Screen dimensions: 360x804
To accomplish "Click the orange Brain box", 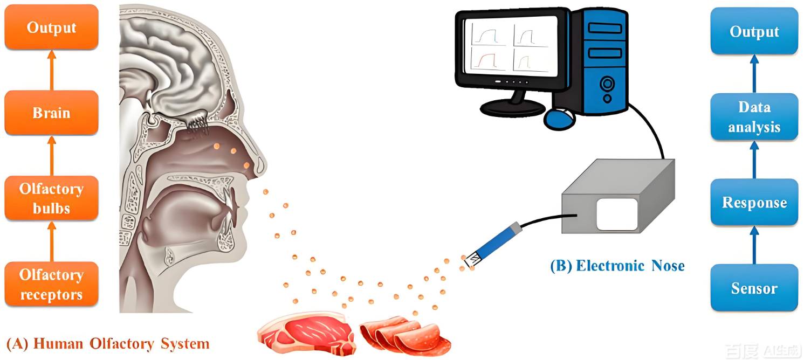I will [x=51, y=113].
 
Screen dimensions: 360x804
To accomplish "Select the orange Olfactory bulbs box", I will [x=51, y=198].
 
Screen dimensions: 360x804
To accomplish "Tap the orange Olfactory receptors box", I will [x=51, y=284].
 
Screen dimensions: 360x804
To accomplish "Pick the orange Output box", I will [x=51, y=27].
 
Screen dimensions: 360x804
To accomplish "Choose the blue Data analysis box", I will [x=754, y=117].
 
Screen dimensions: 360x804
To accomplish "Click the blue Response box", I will [x=754, y=203].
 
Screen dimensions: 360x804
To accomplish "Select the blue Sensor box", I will [x=754, y=288].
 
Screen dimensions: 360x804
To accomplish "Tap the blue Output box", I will [x=754, y=32].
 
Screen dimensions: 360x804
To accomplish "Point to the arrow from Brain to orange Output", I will [x=52, y=70].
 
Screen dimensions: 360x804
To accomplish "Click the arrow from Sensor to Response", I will [x=754, y=245].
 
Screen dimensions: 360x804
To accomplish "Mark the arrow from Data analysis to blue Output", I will [x=754, y=74].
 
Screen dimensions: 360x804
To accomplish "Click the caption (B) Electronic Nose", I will [x=617, y=266].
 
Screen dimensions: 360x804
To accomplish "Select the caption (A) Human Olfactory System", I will [x=107, y=343].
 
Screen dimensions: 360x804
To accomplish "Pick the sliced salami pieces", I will [x=405, y=334].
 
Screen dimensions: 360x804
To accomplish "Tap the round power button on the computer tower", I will [x=607, y=84].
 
